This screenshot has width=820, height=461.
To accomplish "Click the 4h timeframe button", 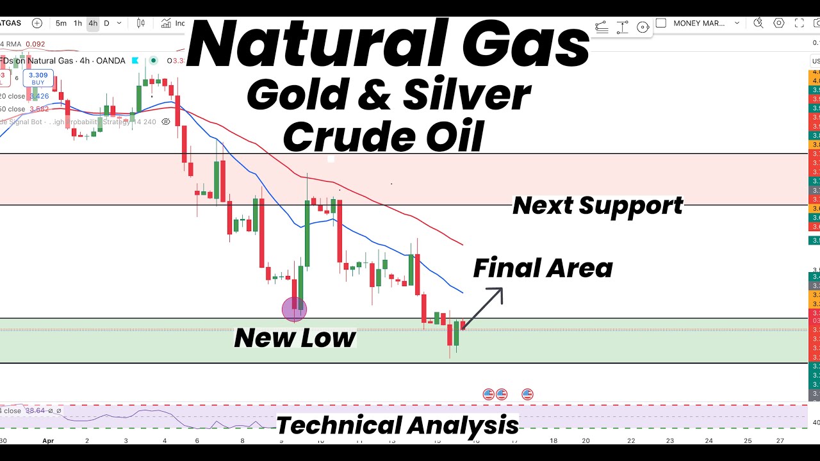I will tap(93, 24).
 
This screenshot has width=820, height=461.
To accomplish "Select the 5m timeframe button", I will tap(61, 24).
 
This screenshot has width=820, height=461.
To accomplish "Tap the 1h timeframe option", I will tap(78, 24).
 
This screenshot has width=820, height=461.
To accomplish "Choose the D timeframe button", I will tap(107, 24).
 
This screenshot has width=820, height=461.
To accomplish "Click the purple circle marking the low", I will tap(295, 310).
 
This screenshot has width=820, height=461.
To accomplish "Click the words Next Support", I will tap(598, 206).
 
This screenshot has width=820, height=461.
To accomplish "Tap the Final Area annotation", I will tap(543, 268).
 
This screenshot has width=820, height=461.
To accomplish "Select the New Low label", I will tap(295, 337).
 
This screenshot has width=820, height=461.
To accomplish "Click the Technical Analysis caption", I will tap(397, 425).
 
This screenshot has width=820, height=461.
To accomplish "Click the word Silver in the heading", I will tap(466, 96).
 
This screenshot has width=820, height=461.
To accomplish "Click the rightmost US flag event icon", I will tap(527, 394).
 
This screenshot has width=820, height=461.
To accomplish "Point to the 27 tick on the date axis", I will tap(779, 441).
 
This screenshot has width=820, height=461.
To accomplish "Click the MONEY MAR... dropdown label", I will tap(699, 24).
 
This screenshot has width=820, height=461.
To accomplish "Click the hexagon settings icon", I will tap(779, 24).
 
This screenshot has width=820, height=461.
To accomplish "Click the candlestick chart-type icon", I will tap(141, 24).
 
